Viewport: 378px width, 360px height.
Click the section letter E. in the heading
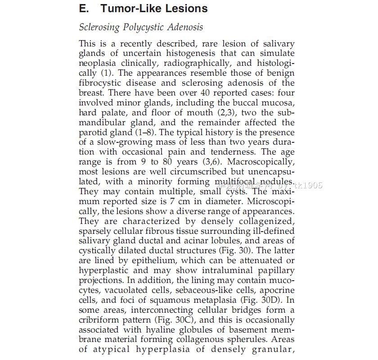[84, 9]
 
